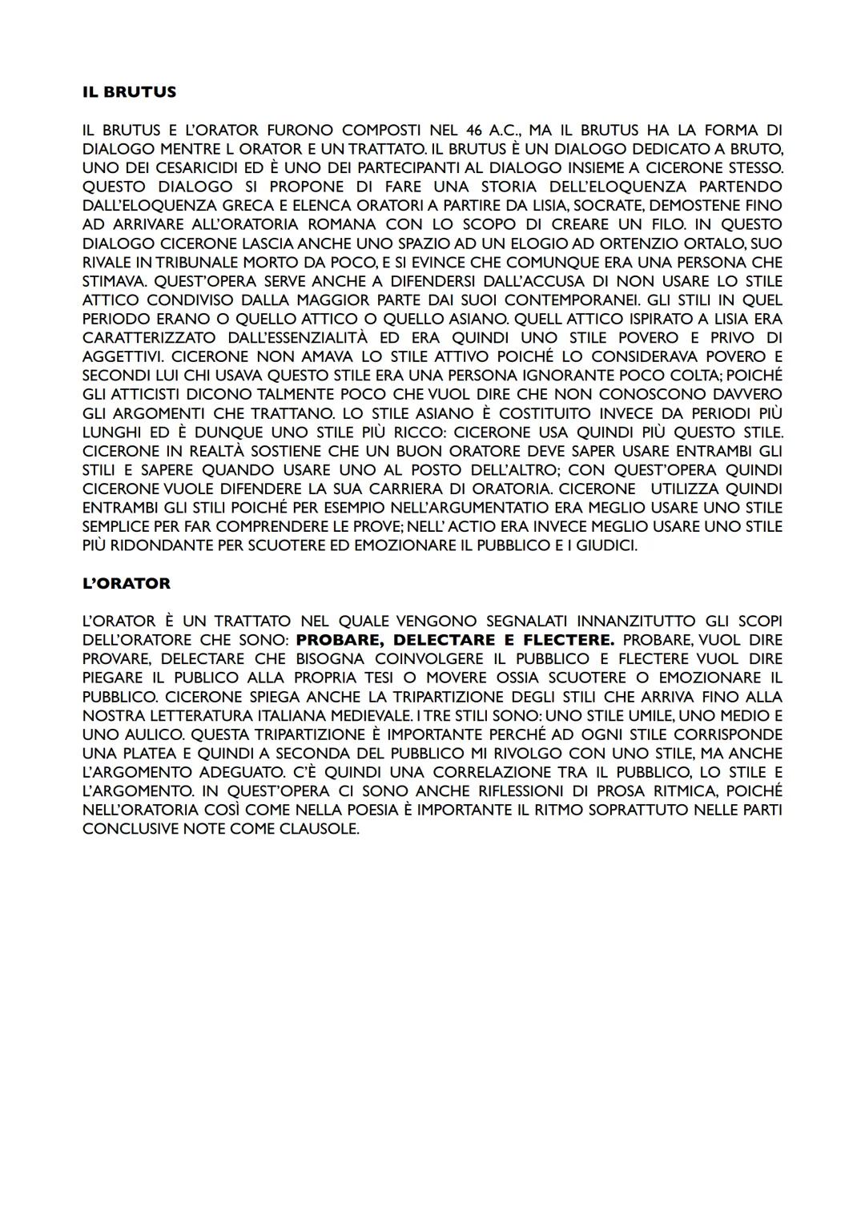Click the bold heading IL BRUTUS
(129, 92)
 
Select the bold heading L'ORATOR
(127, 584)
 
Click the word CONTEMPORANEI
(570, 300)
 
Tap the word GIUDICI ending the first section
(605, 545)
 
